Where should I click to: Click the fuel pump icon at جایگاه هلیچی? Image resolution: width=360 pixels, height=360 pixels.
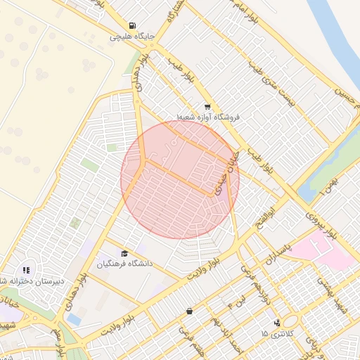coord(134,24)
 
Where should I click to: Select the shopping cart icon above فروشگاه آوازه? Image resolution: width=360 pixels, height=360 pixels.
coord(207,107)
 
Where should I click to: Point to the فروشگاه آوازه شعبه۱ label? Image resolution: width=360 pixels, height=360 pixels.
coord(208,117)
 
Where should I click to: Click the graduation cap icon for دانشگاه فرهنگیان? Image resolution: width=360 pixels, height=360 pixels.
coord(125,254)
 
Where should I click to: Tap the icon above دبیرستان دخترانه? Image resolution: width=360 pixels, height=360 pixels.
coord(26,269)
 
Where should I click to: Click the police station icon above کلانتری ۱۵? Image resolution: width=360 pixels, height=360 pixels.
coord(277,322)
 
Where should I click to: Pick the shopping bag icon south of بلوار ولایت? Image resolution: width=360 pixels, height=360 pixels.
coord(189,311)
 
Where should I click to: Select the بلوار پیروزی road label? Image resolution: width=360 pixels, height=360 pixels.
coord(326,226)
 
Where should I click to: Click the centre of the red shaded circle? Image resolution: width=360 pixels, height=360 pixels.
coord(180,179)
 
